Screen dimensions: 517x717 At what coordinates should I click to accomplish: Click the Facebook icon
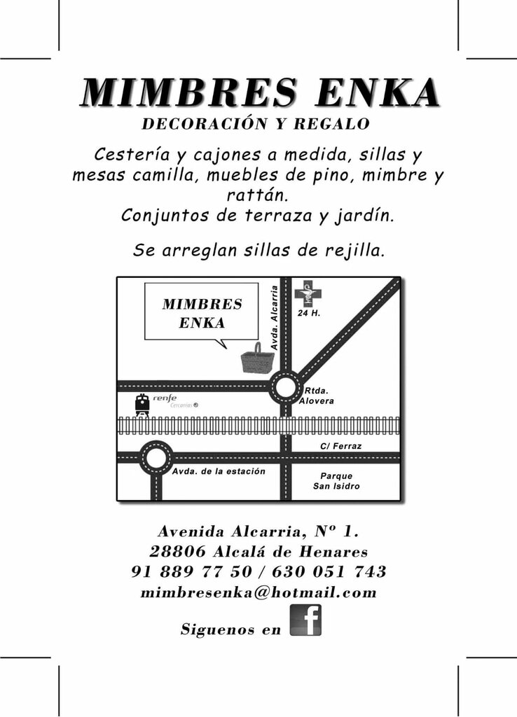(305, 620)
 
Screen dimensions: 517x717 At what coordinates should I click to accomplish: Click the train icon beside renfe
(142, 405)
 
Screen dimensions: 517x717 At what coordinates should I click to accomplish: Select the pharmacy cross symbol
(307, 293)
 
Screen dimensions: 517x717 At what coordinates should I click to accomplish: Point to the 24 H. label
(309, 313)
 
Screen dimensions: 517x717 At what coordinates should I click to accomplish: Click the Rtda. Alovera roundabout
(285, 387)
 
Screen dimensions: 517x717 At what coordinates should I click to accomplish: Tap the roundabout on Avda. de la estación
(156, 458)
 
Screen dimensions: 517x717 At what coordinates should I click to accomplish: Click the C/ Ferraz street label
(340, 446)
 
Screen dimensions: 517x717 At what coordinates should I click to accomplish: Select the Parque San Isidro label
(336, 481)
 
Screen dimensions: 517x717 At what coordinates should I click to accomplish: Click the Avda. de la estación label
(219, 471)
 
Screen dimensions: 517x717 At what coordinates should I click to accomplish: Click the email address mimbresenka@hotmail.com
(258, 593)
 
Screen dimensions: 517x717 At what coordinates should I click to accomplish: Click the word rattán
(258, 195)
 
